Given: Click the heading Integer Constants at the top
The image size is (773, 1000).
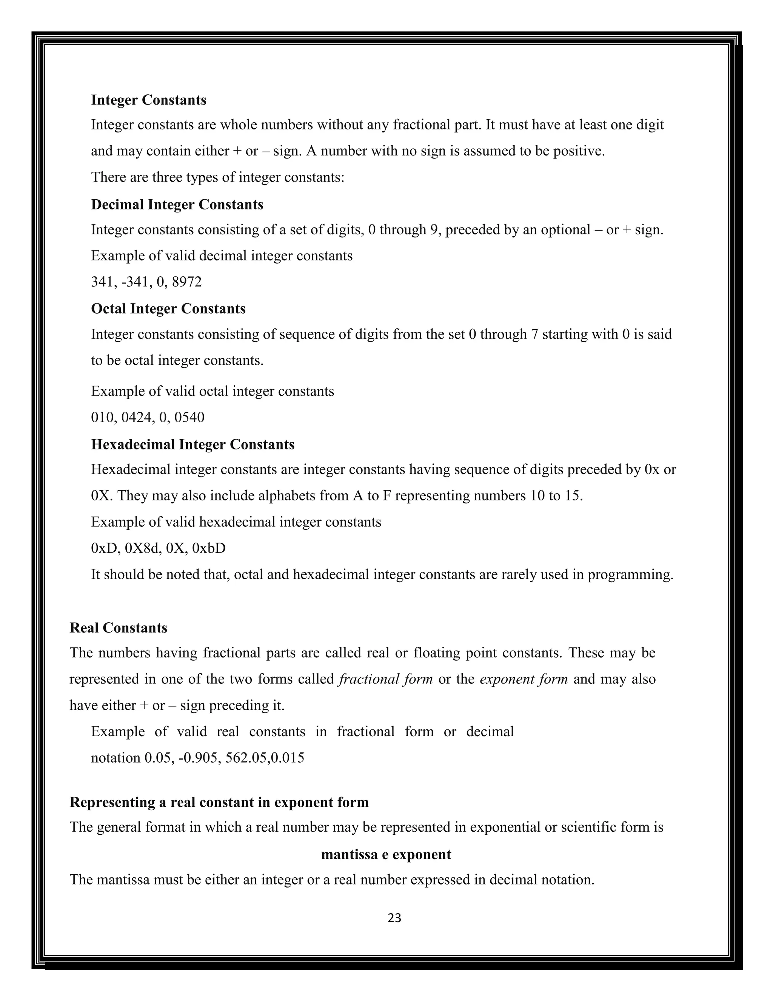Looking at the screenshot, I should point(148,100).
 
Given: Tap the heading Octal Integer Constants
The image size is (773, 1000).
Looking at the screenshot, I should point(168,309).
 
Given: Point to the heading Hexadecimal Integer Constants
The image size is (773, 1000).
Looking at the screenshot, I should point(192,444).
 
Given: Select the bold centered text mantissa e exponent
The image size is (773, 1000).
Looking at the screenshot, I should point(386,854).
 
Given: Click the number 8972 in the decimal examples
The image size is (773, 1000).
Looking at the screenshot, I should point(186,282).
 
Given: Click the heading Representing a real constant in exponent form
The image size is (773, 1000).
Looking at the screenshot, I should point(219,802).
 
